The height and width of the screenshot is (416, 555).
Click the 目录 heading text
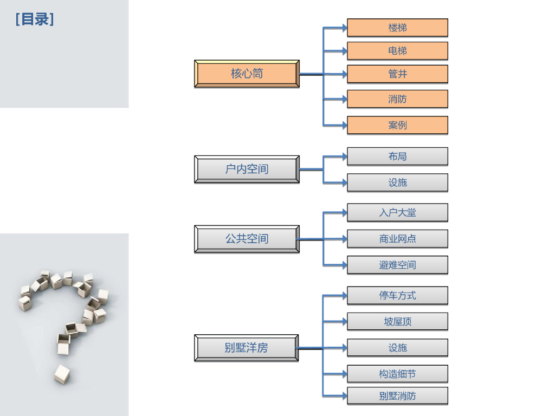coord(35,20)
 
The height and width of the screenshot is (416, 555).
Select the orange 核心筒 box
coord(247,74)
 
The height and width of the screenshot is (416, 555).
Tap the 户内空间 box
coord(247,169)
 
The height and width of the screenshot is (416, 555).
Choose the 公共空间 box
coord(247,239)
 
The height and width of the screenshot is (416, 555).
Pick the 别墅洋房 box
coord(247,348)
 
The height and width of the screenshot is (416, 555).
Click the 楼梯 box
coord(397,28)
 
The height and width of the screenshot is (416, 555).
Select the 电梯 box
coord(397,51)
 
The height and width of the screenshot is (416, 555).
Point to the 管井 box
coord(397,74)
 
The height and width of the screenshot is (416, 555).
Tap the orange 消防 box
coord(397,99)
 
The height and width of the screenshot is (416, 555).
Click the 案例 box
coord(397,125)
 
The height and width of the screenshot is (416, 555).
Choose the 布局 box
coord(397,157)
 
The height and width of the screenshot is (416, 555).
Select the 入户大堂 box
coord(397,213)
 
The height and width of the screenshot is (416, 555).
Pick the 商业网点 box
coord(397,239)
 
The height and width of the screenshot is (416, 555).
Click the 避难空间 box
coord(397,265)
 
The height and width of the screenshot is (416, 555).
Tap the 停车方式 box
coord(397,296)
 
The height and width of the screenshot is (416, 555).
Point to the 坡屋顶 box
coord(397,322)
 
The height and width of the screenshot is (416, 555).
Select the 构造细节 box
coord(397,374)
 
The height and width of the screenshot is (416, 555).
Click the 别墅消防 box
coord(397,396)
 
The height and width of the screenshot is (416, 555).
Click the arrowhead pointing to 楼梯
coord(344,27)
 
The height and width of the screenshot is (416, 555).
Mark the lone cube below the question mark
coord(62,374)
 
